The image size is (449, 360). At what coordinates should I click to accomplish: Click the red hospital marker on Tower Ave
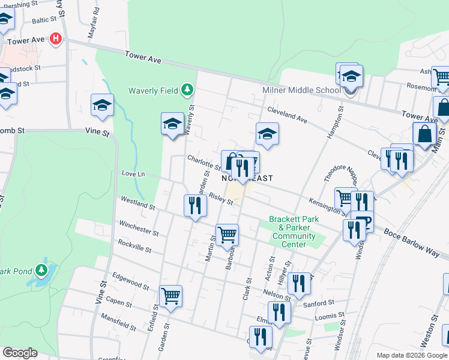click(56, 39)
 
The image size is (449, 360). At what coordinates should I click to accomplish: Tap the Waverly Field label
click(153, 91)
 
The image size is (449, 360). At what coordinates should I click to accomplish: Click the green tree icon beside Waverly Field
click(188, 90)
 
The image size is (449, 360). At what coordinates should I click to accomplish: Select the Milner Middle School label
click(301, 91)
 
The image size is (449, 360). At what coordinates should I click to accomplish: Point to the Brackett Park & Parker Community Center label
click(289, 232)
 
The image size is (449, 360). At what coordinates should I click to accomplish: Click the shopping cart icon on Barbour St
click(228, 234)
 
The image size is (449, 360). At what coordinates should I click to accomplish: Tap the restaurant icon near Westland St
click(194, 206)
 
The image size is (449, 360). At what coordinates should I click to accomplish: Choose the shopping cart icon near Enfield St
click(170, 296)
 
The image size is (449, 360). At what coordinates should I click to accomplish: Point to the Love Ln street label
click(133, 174)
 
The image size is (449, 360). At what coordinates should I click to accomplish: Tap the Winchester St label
click(139, 229)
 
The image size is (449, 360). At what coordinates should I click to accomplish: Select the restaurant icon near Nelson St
click(298, 283)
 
